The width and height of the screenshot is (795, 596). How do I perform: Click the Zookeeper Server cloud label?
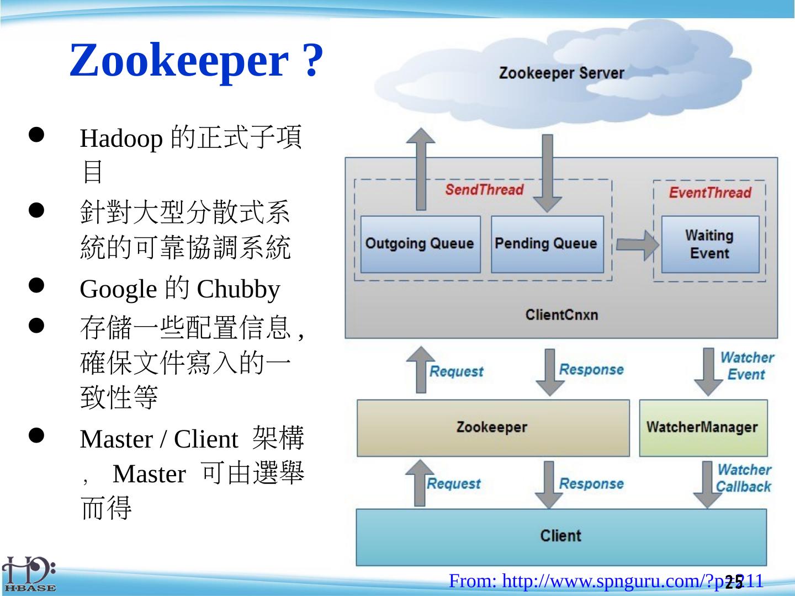click(x=561, y=73)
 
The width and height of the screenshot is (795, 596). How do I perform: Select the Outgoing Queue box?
click(x=420, y=244)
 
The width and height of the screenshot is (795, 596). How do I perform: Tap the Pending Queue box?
click(x=547, y=244)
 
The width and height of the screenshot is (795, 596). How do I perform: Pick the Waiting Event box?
click(x=710, y=244)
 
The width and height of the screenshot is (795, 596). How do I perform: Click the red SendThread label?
click(x=484, y=190)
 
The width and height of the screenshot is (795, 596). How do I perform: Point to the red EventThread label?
click(x=710, y=193)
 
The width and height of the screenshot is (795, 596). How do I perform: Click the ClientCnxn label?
click(x=561, y=315)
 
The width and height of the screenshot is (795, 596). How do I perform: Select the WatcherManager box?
click(x=703, y=428)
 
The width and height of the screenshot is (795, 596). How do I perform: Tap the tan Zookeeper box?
click(x=492, y=428)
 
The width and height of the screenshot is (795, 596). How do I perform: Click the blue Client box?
click(x=561, y=536)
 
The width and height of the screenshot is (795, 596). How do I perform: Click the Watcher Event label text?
click(x=746, y=366)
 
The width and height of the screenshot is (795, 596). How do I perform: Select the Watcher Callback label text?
click(x=744, y=478)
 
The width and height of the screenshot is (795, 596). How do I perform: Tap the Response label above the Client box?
click(x=591, y=484)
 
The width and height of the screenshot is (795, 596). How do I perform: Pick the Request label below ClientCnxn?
click(x=457, y=371)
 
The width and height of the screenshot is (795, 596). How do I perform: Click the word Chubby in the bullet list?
click(x=239, y=289)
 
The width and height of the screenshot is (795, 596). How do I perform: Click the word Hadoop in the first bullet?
click(x=121, y=139)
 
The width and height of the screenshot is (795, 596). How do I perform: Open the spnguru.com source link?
click(x=606, y=581)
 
